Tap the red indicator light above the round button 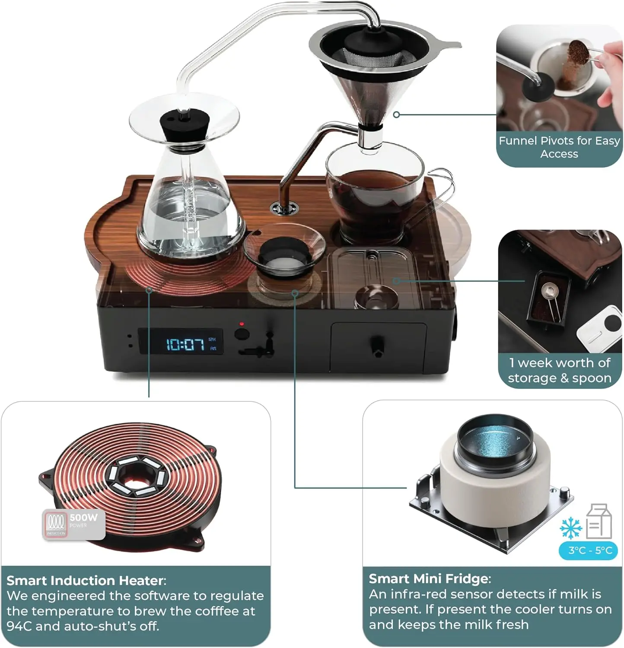[242, 324]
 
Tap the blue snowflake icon [571, 527]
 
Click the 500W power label [83, 518]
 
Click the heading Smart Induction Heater [85, 580]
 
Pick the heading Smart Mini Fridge [429, 578]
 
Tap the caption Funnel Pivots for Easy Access [559, 147]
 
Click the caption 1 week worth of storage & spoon [559, 370]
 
